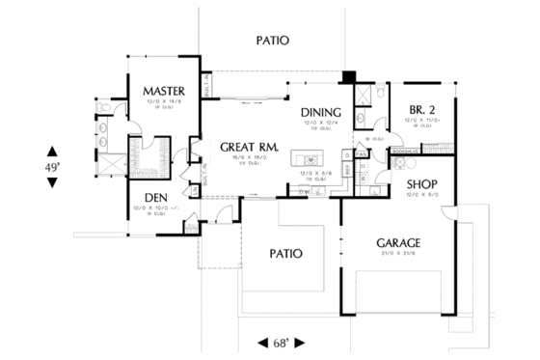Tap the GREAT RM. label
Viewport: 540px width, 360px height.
click(x=249, y=148)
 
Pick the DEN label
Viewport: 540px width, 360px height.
click(x=158, y=200)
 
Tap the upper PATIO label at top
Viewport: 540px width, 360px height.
click(x=273, y=41)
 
